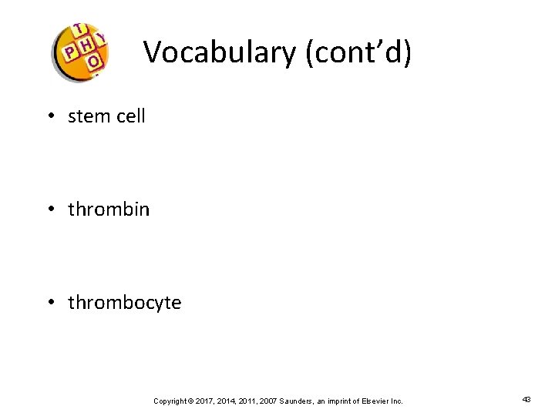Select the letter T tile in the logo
(79, 30)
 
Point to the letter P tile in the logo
(70, 52)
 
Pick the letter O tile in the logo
(93, 61)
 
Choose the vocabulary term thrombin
(109, 210)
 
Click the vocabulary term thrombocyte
(125, 303)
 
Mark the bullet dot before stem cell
(49, 117)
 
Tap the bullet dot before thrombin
(49, 210)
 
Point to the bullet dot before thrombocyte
(49, 304)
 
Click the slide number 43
(526, 400)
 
